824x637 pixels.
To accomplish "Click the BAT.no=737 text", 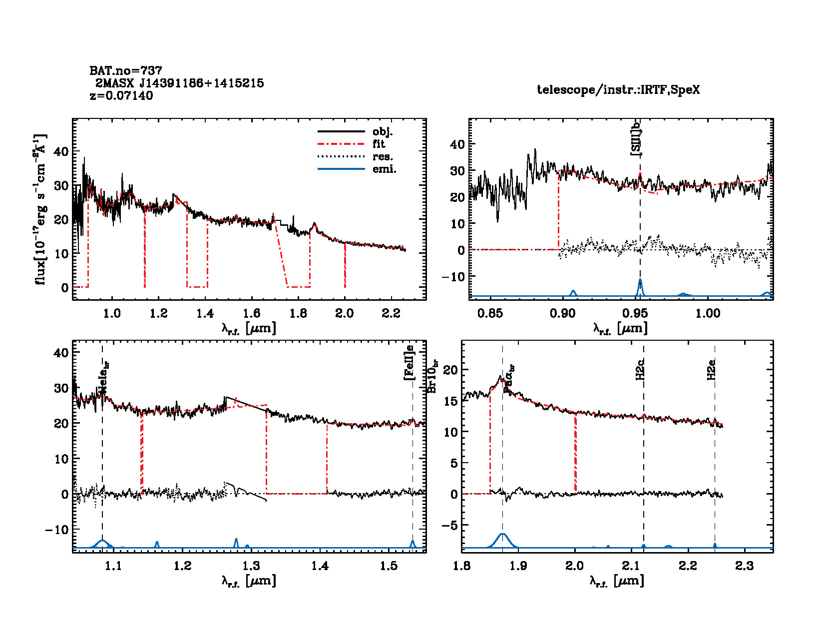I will pos(126,70).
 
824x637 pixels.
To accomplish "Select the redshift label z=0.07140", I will pos(121,95).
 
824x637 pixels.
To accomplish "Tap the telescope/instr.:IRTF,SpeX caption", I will pos(618,90).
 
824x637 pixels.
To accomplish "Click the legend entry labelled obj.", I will pos(382,132).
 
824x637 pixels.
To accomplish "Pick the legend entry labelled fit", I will pos(379,144).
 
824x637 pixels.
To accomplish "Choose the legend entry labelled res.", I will pos(382,157).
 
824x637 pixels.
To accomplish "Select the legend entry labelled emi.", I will pos(384,169).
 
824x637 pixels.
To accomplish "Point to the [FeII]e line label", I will pos(409,362).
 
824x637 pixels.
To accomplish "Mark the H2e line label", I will pos(711,370).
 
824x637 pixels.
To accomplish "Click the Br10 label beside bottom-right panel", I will pos(432,376).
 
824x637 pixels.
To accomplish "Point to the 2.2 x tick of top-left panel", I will pos(391,313).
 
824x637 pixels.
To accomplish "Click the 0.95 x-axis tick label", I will pos(635,313).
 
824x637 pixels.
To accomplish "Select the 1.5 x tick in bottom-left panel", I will pos(389,566).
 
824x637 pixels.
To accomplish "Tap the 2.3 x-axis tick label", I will pos(745,566).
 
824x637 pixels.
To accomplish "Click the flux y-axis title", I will pos(40,210).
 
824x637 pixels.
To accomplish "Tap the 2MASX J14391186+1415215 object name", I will pos(180,83).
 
